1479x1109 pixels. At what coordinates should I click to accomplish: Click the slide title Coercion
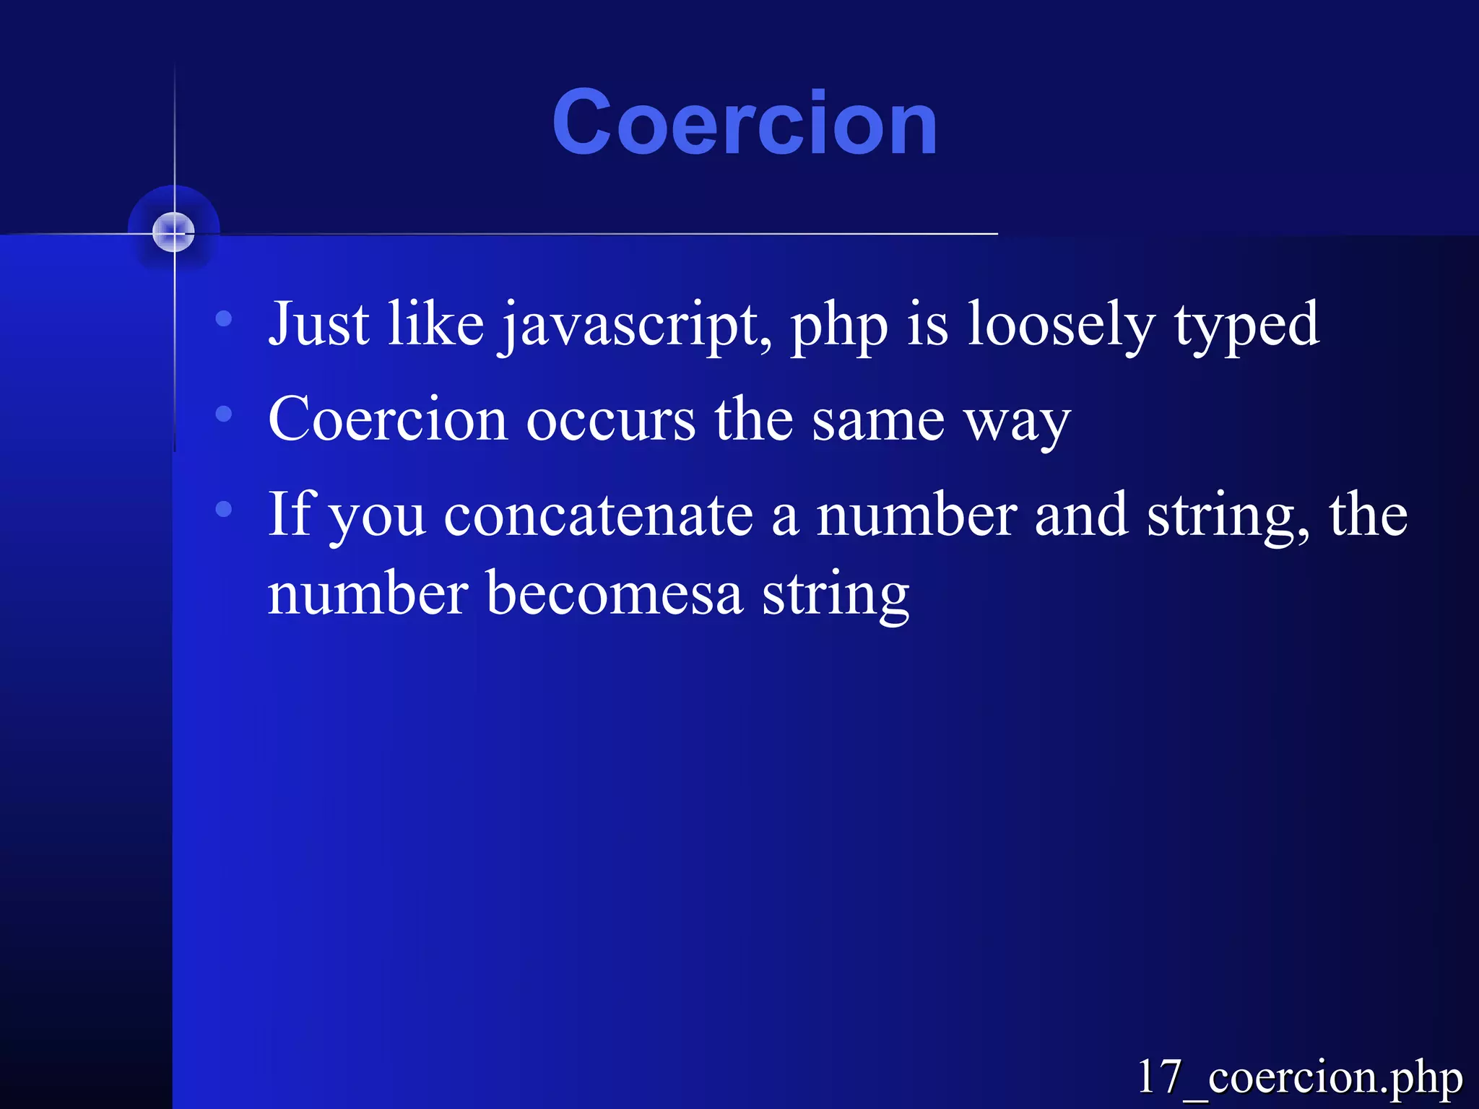click(x=745, y=123)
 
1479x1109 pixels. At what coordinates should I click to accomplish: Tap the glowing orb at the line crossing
click(x=173, y=232)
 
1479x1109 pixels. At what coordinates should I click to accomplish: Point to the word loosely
click(x=1061, y=325)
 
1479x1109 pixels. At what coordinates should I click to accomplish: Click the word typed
click(x=1246, y=325)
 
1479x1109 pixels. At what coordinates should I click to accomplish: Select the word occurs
click(x=611, y=421)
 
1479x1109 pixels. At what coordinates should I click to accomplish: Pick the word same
click(x=878, y=421)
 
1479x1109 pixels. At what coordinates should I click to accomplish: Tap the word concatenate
click(x=599, y=516)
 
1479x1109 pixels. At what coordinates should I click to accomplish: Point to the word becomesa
click(x=615, y=593)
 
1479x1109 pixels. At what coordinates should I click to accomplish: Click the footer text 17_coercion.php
click(x=1299, y=1077)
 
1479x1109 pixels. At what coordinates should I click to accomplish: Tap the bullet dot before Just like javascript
click(x=224, y=318)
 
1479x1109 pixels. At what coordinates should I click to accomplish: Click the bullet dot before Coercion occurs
click(x=224, y=414)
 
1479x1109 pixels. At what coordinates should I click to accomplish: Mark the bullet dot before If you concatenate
click(x=224, y=509)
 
